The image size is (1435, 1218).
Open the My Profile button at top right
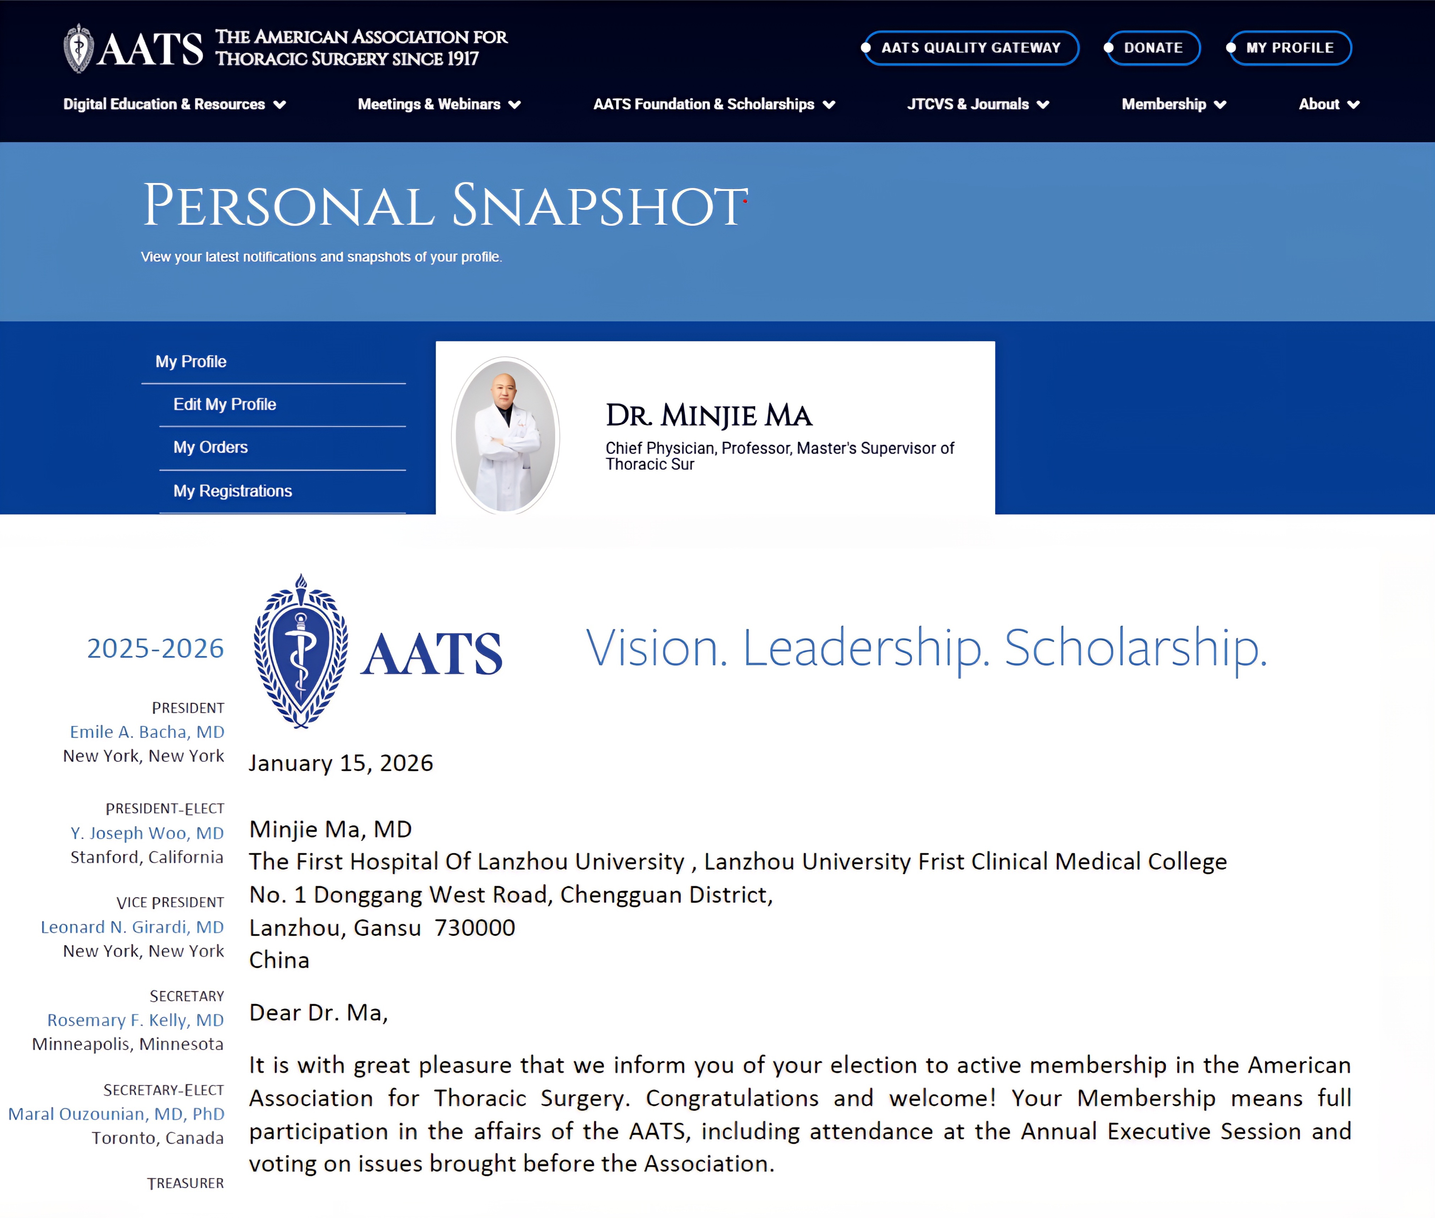(1289, 48)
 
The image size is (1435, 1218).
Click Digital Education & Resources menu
(174, 104)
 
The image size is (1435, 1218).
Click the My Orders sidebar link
(211, 447)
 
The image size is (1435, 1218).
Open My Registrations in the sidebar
(233, 491)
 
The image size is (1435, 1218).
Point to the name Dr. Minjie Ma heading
(709, 416)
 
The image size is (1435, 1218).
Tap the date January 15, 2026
(341, 763)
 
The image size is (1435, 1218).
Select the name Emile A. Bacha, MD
(147, 732)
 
